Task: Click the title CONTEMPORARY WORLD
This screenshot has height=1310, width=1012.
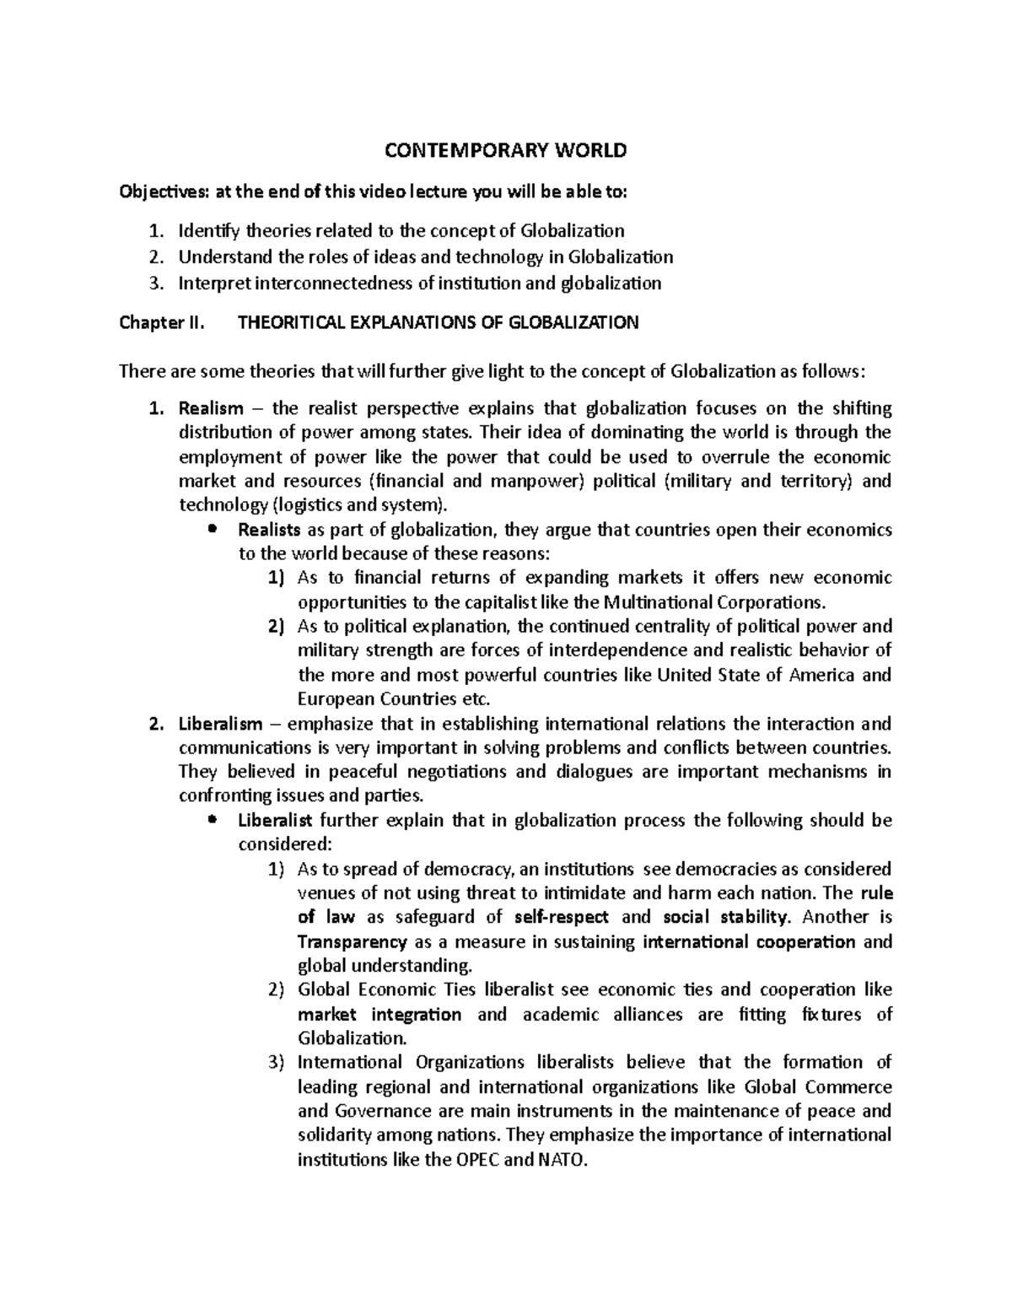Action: [506, 151]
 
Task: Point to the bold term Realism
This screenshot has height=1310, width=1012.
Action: [210, 409]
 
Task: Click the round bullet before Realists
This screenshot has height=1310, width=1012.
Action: [213, 530]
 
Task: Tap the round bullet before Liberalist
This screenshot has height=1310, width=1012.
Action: [213, 820]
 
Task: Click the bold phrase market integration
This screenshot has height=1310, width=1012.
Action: [379, 1014]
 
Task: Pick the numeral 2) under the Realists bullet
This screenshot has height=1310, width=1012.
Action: [276, 627]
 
